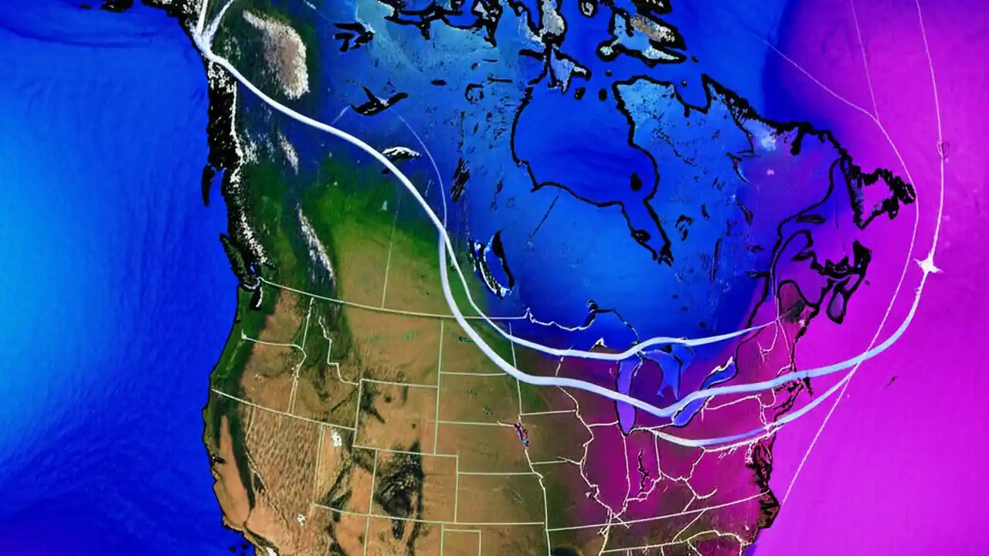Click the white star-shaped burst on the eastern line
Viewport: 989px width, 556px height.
(928, 266)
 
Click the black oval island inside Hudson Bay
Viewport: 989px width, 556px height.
(636, 182)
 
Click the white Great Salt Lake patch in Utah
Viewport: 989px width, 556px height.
(336, 438)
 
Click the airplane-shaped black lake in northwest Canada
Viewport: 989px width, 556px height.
(379, 100)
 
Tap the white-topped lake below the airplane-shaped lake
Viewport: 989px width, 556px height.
(400, 154)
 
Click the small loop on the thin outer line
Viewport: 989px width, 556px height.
(942, 146)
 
